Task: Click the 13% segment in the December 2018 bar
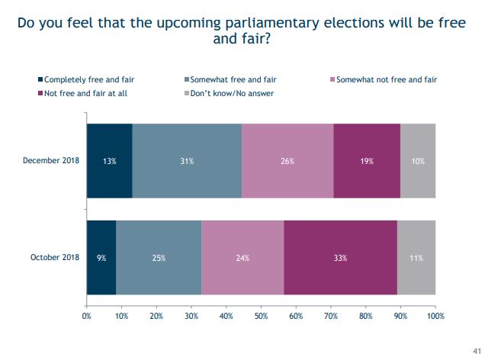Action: coord(109,161)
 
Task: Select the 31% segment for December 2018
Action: coord(187,161)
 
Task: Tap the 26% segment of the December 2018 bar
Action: coord(287,161)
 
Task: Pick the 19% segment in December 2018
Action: coord(367,161)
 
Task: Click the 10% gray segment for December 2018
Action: coord(418,161)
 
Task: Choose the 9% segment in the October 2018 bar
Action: coord(101,258)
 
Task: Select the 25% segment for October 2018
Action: coord(159,258)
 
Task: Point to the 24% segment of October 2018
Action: coord(242,258)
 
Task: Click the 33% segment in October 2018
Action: coord(340,258)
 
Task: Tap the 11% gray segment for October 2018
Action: coord(416,258)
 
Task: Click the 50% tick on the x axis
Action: coord(261,316)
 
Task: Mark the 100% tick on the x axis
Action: coord(435,316)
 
